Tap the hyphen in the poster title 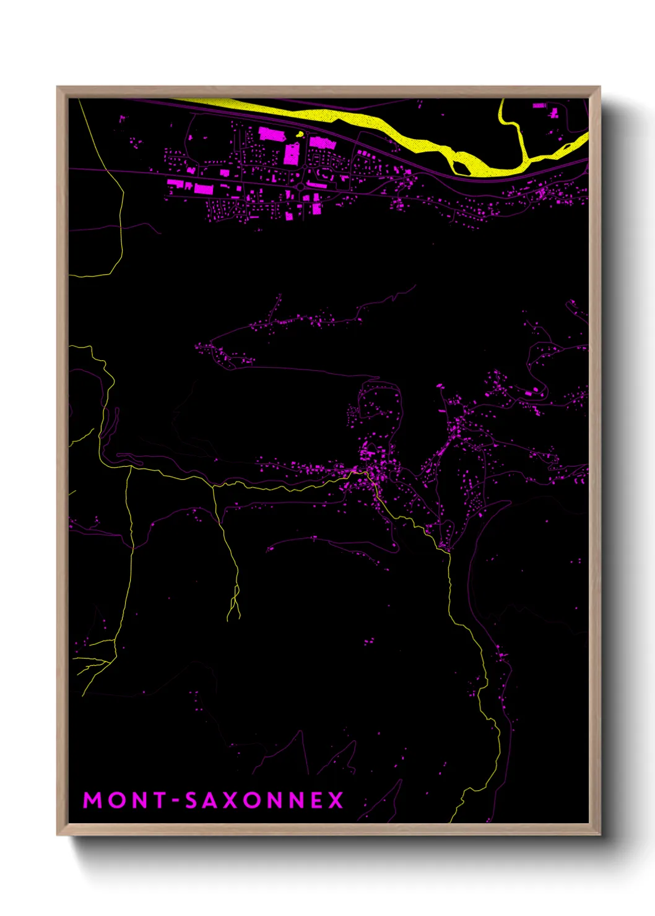click(x=175, y=801)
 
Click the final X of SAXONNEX click(x=336, y=800)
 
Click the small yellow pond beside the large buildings click(x=300, y=134)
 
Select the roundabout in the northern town click(x=301, y=186)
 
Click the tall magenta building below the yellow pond click(x=292, y=153)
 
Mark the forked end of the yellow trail click(x=233, y=613)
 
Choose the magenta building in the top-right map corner click(x=554, y=113)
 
